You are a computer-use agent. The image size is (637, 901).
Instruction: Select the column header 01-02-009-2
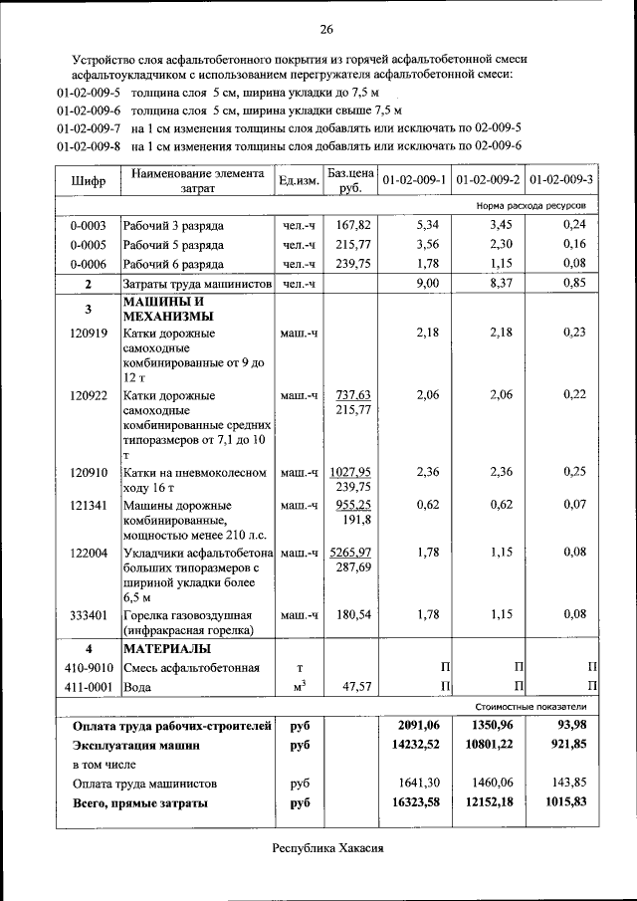pos(488,180)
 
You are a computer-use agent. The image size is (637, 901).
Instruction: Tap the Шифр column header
pos(88,181)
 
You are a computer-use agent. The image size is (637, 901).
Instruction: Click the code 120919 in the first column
pos(89,333)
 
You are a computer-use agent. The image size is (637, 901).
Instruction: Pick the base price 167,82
pos(353,225)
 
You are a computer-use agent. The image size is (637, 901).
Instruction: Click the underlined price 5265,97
pos(350,552)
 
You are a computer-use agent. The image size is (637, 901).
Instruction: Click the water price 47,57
pos(353,687)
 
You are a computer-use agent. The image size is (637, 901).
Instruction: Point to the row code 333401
pos(89,614)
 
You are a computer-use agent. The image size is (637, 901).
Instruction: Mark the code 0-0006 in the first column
pos(89,264)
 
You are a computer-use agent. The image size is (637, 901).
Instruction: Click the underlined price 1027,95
pos(350,472)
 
